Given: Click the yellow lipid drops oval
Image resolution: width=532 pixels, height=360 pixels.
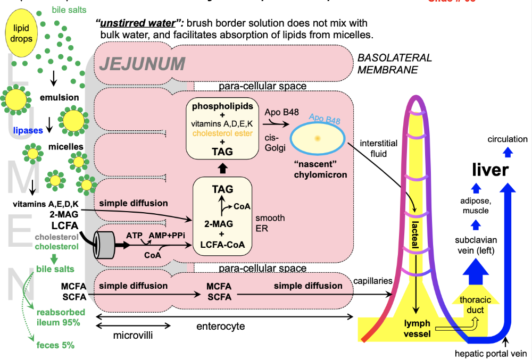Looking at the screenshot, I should [22, 34].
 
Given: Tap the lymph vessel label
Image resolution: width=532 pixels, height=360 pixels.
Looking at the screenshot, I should [417, 328].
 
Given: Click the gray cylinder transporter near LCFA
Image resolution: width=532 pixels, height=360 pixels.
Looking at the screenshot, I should [106, 246].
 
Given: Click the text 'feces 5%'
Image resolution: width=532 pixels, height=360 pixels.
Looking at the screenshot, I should [55, 345].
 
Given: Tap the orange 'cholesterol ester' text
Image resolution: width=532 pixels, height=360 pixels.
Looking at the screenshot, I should [222, 133].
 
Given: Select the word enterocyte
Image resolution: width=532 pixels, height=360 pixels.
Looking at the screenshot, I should [221, 326].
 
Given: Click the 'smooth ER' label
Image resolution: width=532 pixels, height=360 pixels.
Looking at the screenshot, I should [270, 223].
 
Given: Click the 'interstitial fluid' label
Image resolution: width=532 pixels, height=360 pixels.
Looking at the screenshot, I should [378, 149].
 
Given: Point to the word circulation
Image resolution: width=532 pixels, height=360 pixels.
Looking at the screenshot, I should [508, 139].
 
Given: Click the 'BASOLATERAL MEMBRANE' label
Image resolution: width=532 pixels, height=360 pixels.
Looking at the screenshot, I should [394, 64].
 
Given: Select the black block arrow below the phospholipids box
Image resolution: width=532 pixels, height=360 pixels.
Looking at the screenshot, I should [223, 168].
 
